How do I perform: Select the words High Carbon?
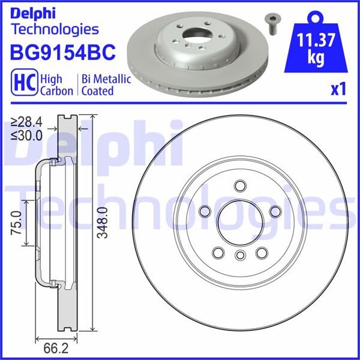pyautogui.click(x=56, y=85)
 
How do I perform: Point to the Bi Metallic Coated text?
pyautogui.click(x=97, y=85)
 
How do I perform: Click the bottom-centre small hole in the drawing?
pyautogui.click(x=239, y=257)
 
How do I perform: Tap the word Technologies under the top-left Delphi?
pyautogui.click(x=55, y=28)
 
